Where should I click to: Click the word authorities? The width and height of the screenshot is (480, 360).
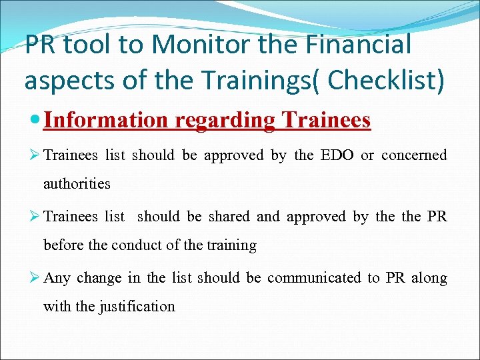point(77,183)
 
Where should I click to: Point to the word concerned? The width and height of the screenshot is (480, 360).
point(414,155)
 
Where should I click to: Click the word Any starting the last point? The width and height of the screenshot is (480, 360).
point(57,278)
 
